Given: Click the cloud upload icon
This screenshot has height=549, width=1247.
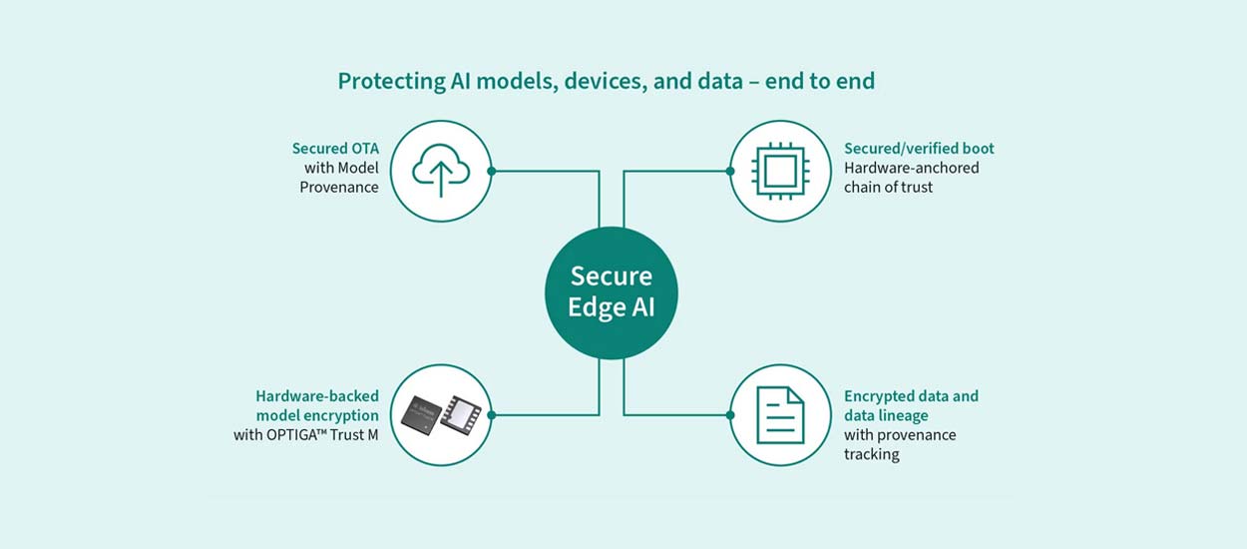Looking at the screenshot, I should click(439, 171).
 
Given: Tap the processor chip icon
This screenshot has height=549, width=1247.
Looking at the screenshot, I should click(780, 171).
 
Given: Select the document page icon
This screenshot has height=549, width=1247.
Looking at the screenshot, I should click(780, 414).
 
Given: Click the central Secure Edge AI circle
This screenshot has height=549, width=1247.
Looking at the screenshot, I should click(611, 291).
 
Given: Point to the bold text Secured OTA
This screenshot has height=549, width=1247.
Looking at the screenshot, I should click(335, 149).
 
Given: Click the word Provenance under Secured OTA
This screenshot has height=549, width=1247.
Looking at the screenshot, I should click(339, 187).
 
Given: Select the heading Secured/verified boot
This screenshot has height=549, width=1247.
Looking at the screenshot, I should click(919, 149).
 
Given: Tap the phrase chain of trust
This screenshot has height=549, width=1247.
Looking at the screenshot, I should click(888, 187).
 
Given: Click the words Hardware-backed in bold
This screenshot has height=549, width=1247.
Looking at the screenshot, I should click(317, 396).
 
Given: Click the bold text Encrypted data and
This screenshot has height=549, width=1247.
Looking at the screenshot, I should click(911, 396).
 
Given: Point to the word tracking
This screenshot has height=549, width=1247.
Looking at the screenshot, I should click(871, 454).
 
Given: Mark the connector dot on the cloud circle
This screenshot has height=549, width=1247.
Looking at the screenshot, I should click(491, 171).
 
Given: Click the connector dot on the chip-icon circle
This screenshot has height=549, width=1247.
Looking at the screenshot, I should click(730, 171).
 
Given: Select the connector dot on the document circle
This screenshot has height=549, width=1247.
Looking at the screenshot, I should click(730, 414).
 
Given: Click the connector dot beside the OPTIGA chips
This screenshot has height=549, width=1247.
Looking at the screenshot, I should click(491, 414).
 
